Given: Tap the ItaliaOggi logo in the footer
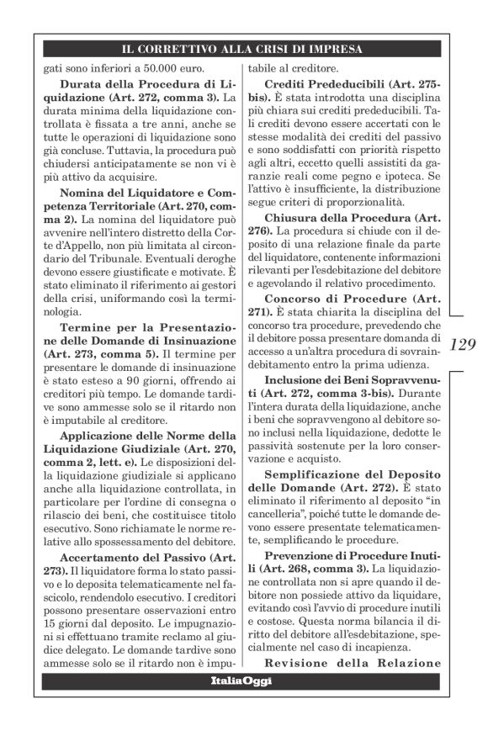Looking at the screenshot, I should click(x=241, y=681).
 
